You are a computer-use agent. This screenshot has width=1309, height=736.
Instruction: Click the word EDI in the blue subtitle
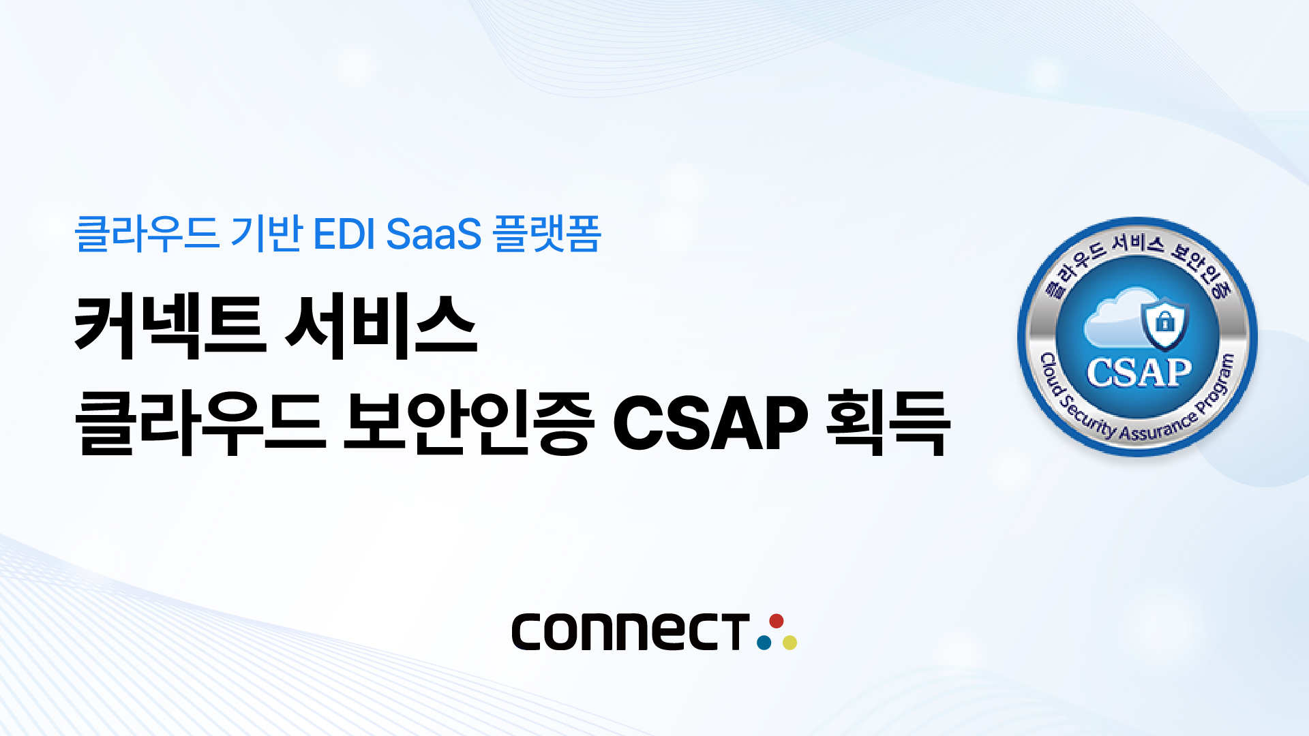click(x=344, y=234)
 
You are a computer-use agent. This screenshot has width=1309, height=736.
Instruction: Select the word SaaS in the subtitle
click(x=434, y=234)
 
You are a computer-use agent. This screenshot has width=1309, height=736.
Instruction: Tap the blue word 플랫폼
click(x=547, y=234)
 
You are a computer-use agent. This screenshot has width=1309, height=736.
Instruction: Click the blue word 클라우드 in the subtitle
click(x=147, y=234)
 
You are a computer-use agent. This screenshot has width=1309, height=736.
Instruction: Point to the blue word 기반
click(x=267, y=234)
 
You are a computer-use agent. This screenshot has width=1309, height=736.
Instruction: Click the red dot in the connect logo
click(x=776, y=621)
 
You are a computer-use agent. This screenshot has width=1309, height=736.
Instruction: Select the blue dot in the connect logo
click(x=764, y=642)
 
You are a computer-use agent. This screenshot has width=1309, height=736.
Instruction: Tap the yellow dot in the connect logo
click(x=789, y=642)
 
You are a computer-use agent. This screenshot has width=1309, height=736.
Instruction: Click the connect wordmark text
click(x=631, y=631)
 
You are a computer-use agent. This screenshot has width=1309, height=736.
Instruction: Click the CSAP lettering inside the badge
click(x=1139, y=372)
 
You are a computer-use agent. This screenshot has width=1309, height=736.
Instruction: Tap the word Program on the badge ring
click(x=1217, y=385)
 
